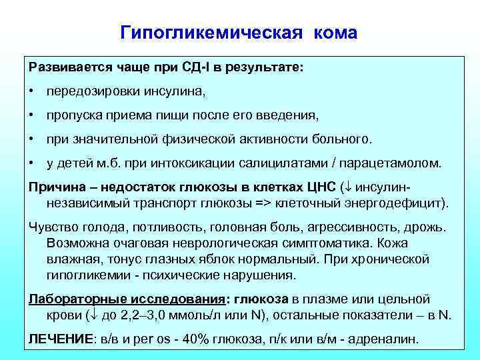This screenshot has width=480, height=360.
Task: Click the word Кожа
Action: point(412,243)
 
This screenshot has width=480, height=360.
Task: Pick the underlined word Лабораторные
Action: point(72,298)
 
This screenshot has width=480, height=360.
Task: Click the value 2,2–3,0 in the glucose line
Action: point(152,313)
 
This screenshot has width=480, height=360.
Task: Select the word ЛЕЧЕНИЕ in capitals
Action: point(61,338)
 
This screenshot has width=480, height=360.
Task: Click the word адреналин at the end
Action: point(387,338)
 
